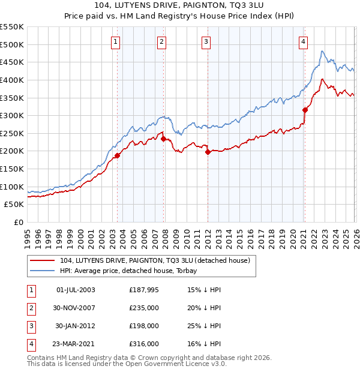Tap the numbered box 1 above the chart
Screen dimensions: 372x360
pos(115,41)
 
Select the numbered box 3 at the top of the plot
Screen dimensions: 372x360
pos(206,41)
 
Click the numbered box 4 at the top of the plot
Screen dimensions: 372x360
pos(304,41)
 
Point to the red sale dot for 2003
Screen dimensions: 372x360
pos(118,155)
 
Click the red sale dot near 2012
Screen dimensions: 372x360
pos(208,152)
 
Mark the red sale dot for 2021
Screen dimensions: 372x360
pos(305,110)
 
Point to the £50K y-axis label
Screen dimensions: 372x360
pos(14,204)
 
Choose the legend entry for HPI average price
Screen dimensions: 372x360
pos(133,271)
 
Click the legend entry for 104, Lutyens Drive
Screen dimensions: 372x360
pos(158,260)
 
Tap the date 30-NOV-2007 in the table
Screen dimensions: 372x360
pos(75,307)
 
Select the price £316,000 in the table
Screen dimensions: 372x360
pos(144,344)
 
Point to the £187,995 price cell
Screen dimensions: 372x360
pos(144,289)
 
